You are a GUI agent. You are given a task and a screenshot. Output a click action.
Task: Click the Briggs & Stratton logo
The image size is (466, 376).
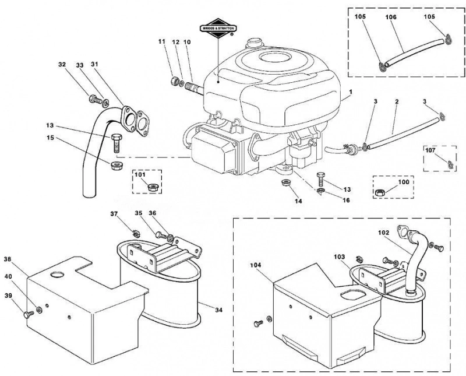click(218, 28)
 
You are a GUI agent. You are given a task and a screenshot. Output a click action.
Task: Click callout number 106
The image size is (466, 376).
click(391, 17)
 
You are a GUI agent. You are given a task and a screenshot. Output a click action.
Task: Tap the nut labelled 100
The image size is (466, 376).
click(380, 192)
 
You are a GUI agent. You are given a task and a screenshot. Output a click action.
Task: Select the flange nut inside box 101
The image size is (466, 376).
click(153, 187)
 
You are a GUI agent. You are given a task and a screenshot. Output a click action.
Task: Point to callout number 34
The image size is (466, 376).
click(219, 310)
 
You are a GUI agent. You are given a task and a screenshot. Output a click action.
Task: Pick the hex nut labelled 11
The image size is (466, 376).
click(175, 80)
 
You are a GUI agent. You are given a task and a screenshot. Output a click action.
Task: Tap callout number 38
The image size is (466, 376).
click(8, 259)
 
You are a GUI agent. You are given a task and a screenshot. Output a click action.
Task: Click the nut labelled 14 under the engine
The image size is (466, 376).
click(285, 182)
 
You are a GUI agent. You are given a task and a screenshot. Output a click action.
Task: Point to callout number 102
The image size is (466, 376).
click(384, 233)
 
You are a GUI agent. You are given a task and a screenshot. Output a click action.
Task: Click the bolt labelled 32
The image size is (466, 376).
click(95, 99)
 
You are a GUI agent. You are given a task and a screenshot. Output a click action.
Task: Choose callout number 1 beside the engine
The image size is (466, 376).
click(351, 92)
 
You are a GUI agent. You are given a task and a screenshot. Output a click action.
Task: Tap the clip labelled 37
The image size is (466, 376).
click(136, 233)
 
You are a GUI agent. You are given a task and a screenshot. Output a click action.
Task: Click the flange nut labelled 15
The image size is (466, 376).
click(115, 166)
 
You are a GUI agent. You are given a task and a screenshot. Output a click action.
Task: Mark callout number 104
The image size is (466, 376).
click(256, 265)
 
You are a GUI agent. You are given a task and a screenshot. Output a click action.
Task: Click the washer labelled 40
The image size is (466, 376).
click(39, 310)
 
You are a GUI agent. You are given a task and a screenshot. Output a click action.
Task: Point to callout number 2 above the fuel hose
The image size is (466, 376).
click(397, 102)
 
